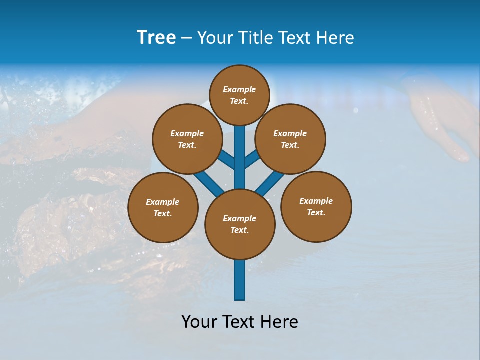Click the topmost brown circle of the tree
pos(239,95)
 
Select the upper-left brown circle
pos(187,139)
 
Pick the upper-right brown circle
pos(290,139)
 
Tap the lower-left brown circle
pos(163,207)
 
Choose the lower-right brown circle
pos(316,206)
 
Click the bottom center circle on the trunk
pos(240,224)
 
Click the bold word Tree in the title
pos(156,37)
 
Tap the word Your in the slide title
pos(215,38)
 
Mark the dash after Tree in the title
pos(187,38)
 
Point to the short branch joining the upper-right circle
pos(252,159)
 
